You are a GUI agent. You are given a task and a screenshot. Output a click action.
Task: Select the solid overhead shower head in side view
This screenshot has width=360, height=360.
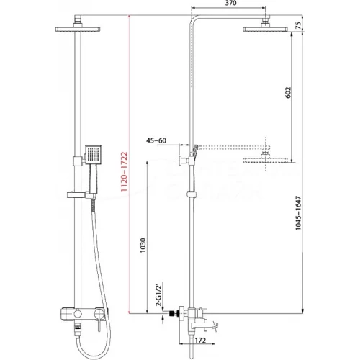[267, 28]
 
